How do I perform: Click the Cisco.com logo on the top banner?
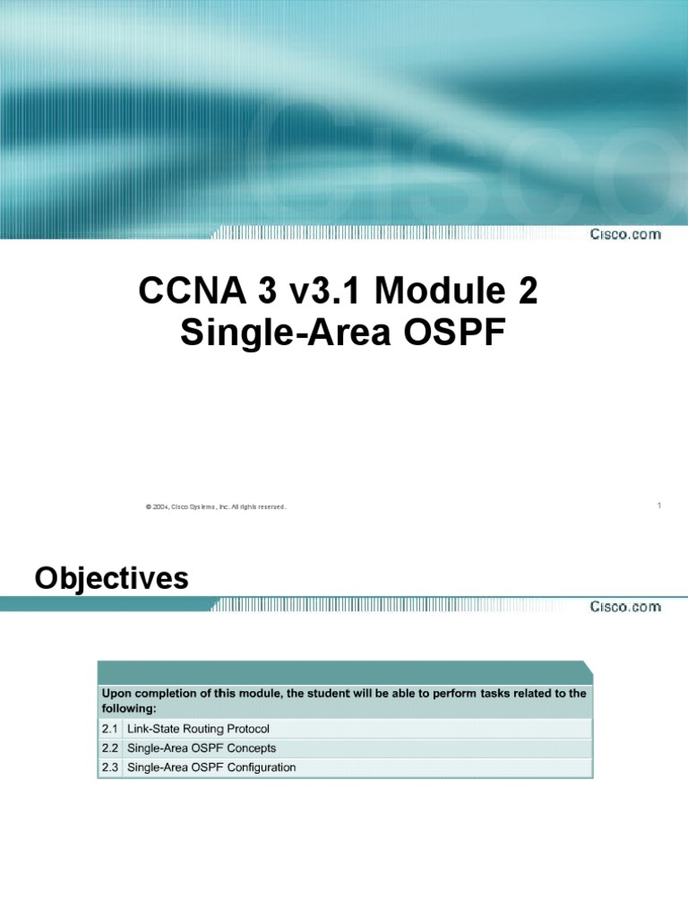(x=624, y=234)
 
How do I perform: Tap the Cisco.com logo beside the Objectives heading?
(x=624, y=606)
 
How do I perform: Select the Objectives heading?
(x=112, y=579)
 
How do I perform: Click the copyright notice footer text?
(x=215, y=507)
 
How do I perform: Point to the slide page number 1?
(x=658, y=506)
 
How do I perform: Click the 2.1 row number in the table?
(x=110, y=728)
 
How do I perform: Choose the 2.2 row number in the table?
(x=110, y=748)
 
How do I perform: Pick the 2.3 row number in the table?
(x=110, y=767)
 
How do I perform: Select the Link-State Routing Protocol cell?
(x=199, y=728)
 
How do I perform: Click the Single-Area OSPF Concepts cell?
(x=202, y=748)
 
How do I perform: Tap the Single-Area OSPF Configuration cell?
(x=212, y=767)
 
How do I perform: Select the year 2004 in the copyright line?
(x=161, y=507)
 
